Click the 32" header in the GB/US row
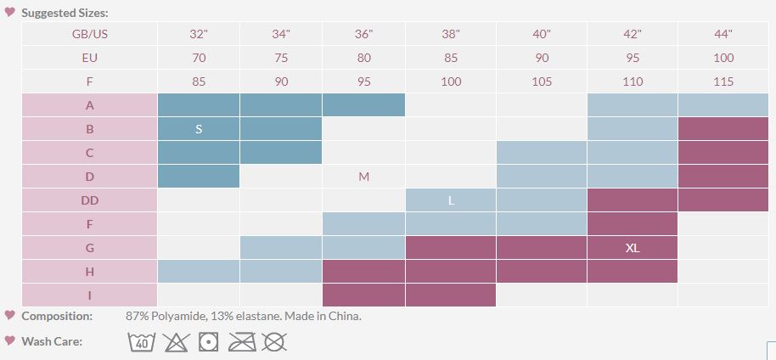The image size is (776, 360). [199, 34]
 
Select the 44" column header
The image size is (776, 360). [723, 34]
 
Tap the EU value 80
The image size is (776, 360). [363, 58]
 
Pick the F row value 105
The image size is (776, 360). [542, 82]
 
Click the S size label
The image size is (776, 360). [199, 129]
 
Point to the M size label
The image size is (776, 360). [363, 177]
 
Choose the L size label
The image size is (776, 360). [451, 200]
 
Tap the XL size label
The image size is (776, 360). [632, 248]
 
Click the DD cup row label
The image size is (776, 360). [89, 200]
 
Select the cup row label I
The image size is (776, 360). [89, 295]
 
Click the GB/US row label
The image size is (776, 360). [89, 34]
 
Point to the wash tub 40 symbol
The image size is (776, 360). [142, 341]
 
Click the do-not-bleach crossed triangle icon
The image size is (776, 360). [175, 341]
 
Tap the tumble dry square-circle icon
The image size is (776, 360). [208, 341]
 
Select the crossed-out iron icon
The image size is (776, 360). [242, 341]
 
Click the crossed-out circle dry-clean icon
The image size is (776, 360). [274, 341]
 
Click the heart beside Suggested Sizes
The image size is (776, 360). [10, 12]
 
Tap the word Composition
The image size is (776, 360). [57, 316]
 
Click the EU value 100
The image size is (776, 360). [723, 58]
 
